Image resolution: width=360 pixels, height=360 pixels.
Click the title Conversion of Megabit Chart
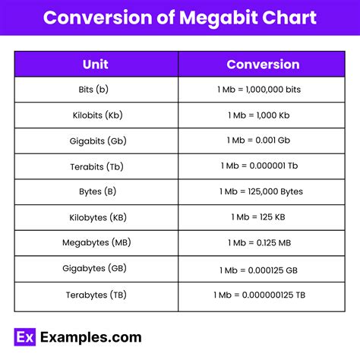coord(179,17)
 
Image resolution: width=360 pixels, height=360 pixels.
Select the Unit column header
coord(96,64)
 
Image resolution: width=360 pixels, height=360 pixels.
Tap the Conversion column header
coord(263,64)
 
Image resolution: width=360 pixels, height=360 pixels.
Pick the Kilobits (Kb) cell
coord(96,115)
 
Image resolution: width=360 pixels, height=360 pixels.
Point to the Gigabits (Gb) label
coord(96,141)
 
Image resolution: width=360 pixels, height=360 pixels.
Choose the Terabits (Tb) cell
coord(96,166)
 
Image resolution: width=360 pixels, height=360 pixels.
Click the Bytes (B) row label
coord(96,191)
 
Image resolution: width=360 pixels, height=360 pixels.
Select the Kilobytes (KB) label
coord(96,216)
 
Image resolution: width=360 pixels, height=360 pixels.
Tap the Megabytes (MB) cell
coord(96,242)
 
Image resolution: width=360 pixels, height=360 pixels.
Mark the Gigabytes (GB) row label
coord(96,268)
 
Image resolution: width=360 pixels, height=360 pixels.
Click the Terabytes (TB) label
coord(96,294)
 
